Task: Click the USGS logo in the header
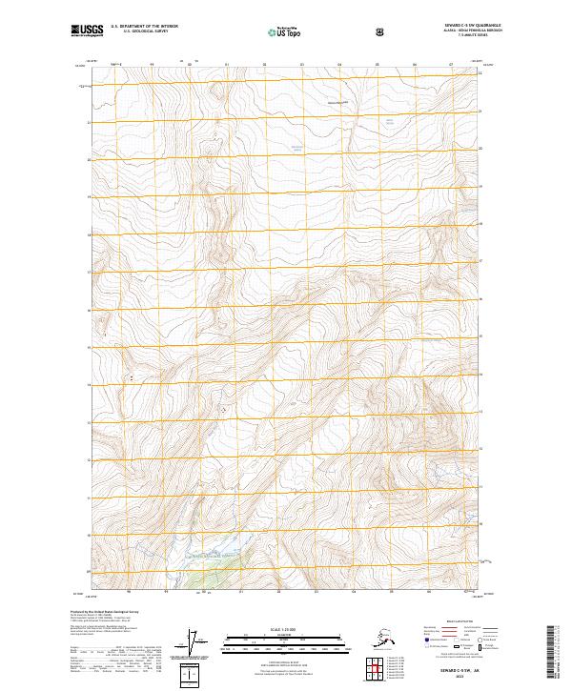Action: tap(85, 31)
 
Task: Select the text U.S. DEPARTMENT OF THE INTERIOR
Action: tap(145, 28)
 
